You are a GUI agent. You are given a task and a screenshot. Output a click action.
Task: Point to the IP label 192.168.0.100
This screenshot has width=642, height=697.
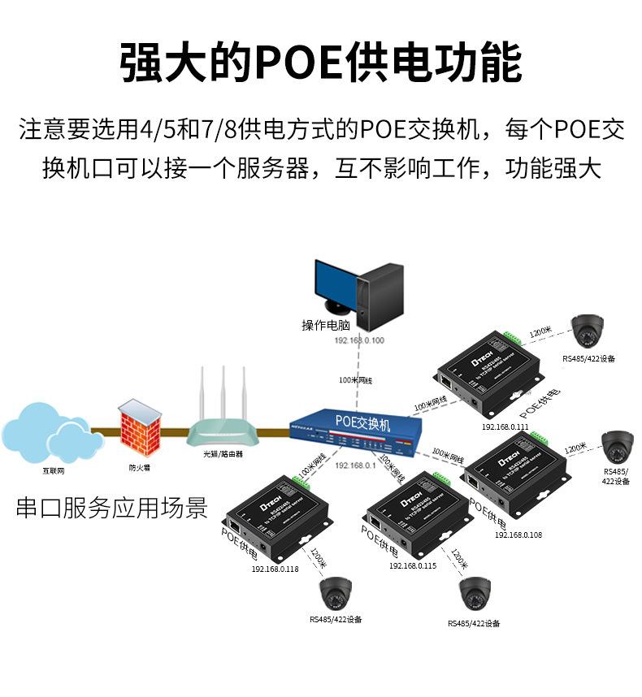point(359,340)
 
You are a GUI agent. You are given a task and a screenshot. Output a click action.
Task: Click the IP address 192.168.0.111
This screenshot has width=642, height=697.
point(505,426)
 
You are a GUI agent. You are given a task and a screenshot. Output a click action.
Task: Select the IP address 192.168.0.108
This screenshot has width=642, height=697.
point(518,535)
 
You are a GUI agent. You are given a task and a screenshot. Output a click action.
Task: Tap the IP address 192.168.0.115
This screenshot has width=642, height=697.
point(412,565)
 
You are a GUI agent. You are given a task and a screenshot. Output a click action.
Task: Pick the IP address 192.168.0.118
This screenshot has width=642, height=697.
point(275,569)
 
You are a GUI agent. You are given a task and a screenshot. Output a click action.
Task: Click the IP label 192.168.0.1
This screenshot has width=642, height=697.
point(354,465)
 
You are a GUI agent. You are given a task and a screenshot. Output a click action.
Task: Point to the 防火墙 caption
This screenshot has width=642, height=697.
point(138,468)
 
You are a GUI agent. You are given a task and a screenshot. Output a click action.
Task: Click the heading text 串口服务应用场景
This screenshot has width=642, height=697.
point(112,509)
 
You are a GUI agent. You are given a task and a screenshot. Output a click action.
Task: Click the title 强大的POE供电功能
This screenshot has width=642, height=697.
point(320,63)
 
